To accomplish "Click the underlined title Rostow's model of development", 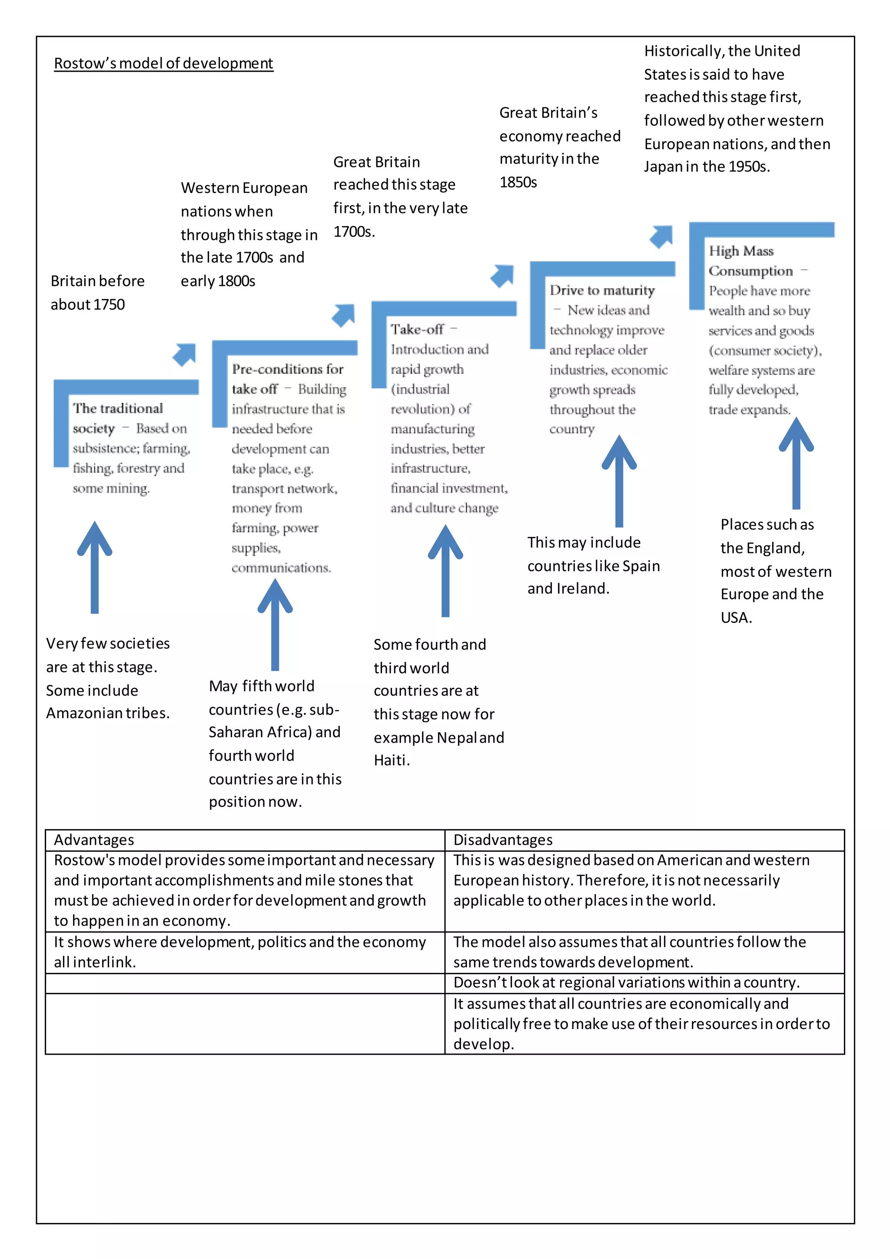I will tap(163, 63).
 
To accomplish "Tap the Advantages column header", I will tap(94, 839).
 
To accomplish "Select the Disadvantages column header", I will tap(502, 839).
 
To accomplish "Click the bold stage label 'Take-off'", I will tap(417, 330).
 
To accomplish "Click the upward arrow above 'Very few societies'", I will tap(95, 567).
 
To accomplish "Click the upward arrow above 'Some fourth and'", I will tap(445, 570).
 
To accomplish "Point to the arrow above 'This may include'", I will tap(619, 480).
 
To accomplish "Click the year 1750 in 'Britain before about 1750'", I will tap(110, 305).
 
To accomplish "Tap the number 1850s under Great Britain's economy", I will tap(518, 183).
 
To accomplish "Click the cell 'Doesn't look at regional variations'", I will tap(626, 983).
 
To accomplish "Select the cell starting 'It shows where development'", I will tap(239, 952).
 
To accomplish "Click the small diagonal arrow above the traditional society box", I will tap(185, 354).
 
